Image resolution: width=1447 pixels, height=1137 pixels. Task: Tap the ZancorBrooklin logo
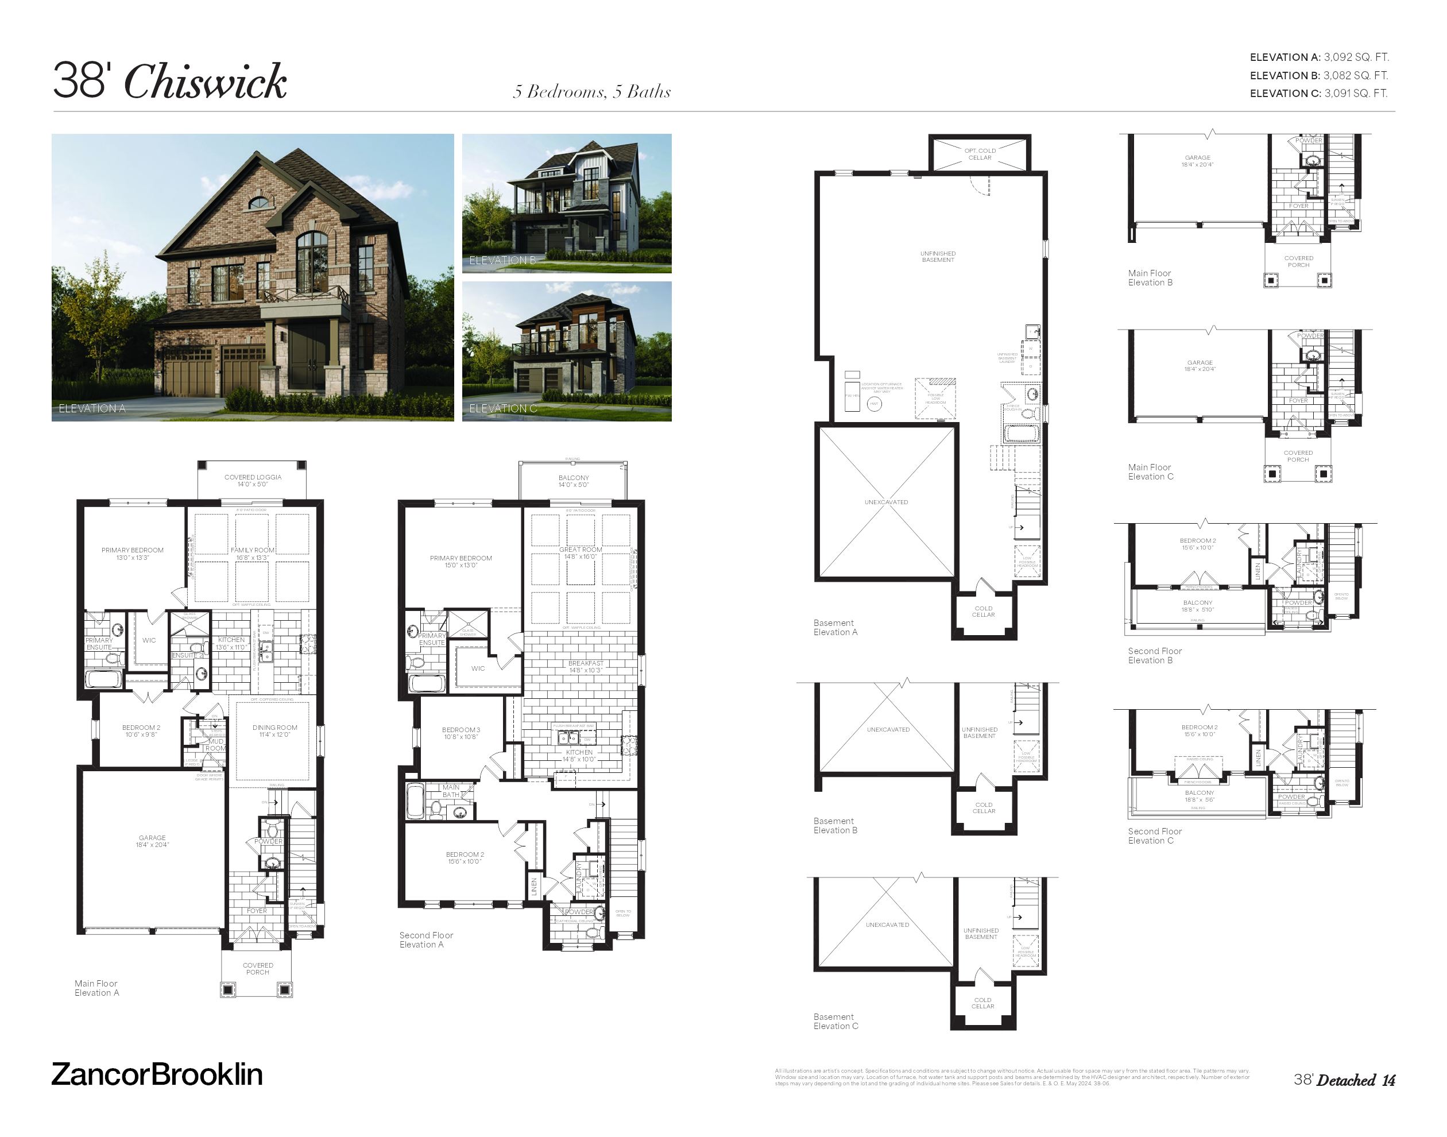pyautogui.click(x=157, y=1074)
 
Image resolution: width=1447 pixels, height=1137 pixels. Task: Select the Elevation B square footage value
pyautogui.click(x=1355, y=75)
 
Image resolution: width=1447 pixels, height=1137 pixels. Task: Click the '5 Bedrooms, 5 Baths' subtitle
pyautogui.click(x=591, y=92)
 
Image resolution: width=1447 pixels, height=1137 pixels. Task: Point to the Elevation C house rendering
pyautogui.click(x=566, y=351)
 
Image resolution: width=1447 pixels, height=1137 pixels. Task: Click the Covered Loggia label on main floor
pyautogui.click(x=253, y=480)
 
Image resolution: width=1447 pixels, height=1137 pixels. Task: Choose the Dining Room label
pyautogui.click(x=275, y=731)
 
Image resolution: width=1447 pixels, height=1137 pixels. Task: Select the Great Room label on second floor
pyautogui.click(x=581, y=552)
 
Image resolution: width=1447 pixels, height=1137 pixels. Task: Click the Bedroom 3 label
pyautogui.click(x=461, y=733)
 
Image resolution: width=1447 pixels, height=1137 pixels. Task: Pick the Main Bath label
pyautogui.click(x=451, y=791)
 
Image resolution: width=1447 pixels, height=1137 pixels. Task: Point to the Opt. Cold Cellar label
pyautogui.click(x=980, y=154)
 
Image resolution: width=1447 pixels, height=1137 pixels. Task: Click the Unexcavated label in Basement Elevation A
pyautogui.click(x=886, y=502)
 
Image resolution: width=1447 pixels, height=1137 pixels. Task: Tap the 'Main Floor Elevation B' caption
pyautogui.click(x=1150, y=277)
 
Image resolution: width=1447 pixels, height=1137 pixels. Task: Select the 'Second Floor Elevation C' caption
pyautogui.click(x=1155, y=836)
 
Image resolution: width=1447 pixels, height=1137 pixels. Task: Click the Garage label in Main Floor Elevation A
pyautogui.click(x=152, y=841)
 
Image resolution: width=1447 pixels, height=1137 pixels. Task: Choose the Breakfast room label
pyautogui.click(x=586, y=666)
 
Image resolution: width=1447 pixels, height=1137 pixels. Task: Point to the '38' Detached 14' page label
pyautogui.click(x=1344, y=1080)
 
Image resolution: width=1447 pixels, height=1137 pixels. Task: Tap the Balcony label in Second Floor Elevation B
pyautogui.click(x=1198, y=606)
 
